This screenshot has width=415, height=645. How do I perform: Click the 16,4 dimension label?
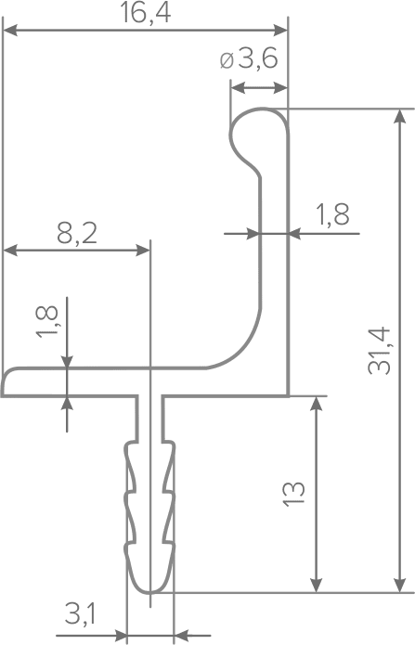pos(145,12)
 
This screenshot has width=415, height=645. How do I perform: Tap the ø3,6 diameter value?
pos(249,60)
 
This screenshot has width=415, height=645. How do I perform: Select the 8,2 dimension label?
pos(77,235)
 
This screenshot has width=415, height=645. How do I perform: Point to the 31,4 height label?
pos(379,351)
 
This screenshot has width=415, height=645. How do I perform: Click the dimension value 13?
pos(293,494)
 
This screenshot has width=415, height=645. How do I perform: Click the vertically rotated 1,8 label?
pos(47,322)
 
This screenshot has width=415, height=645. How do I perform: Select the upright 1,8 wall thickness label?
pos(332,214)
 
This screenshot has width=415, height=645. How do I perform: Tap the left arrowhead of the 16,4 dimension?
pos(10,30)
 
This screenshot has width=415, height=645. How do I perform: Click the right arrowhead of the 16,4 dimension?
pos(280,30)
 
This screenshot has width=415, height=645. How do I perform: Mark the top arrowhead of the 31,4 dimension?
pos(398,116)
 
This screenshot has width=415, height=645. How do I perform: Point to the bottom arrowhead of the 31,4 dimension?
pos(398,586)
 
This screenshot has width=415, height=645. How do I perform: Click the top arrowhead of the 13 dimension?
pos(316,405)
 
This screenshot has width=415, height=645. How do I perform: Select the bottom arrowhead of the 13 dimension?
pos(316,586)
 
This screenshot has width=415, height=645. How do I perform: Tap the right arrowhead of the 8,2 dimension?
pos(142,250)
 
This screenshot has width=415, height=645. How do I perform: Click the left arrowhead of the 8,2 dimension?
pos(10,250)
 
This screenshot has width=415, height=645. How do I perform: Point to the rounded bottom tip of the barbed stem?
pos(150,591)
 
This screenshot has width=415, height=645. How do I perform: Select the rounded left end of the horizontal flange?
pos(5,381)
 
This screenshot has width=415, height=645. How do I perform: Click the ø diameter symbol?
pos(227,61)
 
